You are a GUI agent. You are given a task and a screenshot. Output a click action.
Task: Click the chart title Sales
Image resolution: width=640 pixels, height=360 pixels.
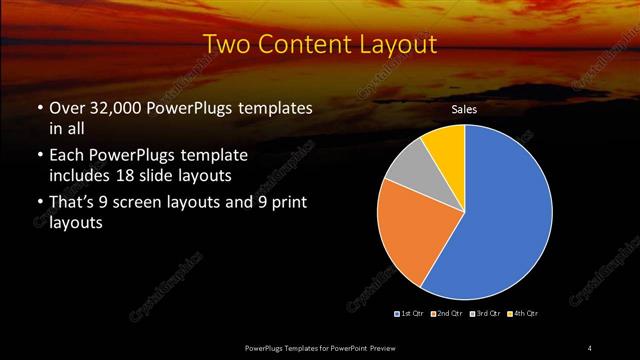(463, 109)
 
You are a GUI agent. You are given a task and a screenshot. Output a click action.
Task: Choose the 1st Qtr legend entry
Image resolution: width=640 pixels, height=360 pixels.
(408, 314)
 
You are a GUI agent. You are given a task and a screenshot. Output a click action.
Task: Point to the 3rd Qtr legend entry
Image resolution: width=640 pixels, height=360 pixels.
(487, 314)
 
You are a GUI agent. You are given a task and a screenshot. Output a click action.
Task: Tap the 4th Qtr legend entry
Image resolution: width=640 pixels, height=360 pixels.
(524, 314)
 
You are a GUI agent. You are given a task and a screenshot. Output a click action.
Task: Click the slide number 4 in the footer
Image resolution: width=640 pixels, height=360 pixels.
(590, 347)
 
